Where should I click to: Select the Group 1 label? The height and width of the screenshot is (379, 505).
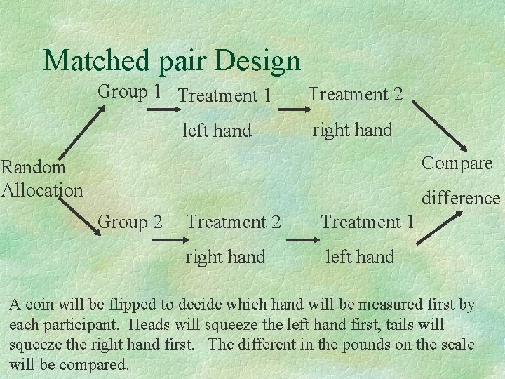pyautogui.click(x=130, y=91)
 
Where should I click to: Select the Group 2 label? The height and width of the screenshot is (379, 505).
pyautogui.click(x=131, y=222)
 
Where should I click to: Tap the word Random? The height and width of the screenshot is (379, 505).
pyautogui.click(x=33, y=167)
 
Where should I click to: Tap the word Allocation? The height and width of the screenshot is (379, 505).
pyautogui.click(x=42, y=189)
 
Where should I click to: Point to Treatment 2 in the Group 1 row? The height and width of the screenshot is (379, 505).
pyautogui.click(x=356, y=94)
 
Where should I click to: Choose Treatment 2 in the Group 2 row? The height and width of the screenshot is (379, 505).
pyautogui.click(x=234, y=222)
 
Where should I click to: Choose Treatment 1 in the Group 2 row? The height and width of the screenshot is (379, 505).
pyautogui.click(x=368, y=222)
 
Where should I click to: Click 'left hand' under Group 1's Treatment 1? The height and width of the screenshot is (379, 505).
pyautogui.click(x=217, y=130)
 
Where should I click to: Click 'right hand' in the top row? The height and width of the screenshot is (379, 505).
pyautogui.click(x=352, y=130)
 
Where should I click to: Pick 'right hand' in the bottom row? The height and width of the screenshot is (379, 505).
pyautogui.click(x=225, y=257)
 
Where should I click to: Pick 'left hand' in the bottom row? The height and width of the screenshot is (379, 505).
pyautogui.click(x=360, y=257)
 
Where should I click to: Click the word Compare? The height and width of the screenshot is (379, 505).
pyautogui.click(x=457, y=164)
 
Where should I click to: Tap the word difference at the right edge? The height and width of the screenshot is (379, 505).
pyautogui.click(x=461, y=199)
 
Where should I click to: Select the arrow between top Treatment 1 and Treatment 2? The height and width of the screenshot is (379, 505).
pyautogui.click(x=288, y=109)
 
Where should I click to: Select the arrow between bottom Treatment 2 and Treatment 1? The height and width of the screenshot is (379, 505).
pyautogui.click(x=302, y=240)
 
